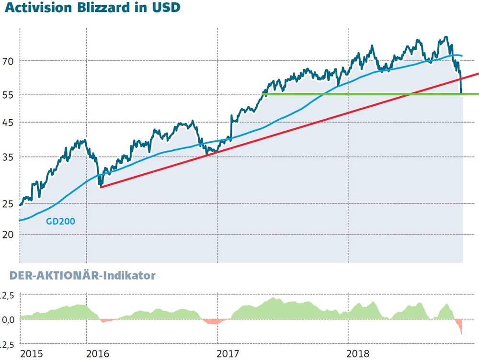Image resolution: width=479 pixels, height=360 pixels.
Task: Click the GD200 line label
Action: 60,222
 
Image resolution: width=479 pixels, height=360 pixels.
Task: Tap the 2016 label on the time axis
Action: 98,354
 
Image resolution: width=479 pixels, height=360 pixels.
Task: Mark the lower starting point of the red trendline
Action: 100,187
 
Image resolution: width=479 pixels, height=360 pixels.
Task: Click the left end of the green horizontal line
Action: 263,94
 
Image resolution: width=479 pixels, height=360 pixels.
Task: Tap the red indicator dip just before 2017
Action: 213,322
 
